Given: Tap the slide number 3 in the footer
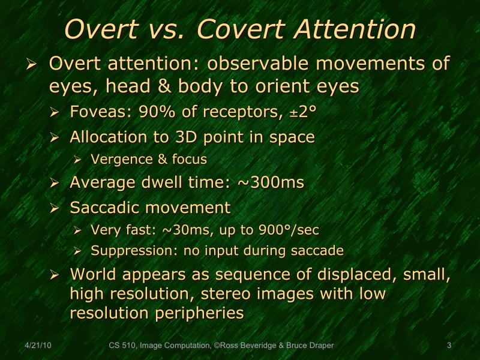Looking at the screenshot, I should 449,346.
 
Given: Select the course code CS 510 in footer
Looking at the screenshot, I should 122,346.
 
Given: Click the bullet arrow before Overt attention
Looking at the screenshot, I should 33,64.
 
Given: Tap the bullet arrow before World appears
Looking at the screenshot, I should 55,275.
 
